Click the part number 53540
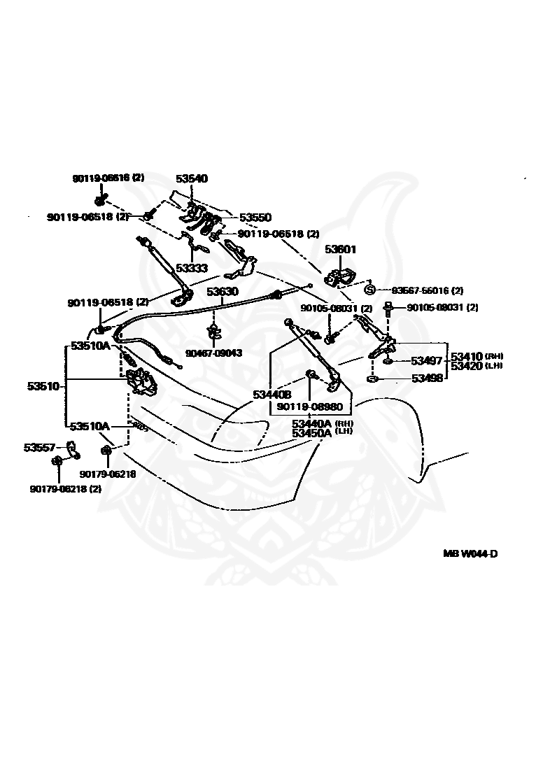pyautogui.click(x=191, y=179)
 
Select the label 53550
pyautogui.click(x=255, y=218)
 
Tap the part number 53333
pyautogui.click(x=191, y=267)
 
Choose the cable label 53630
pyautogui.click(x=222, y=291)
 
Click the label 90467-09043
pyautogui.click(x=213, y=353)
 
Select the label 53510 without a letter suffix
pyautogui.click(x=43, y=385)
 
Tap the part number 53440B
pyautogui.click(x=272, y=395)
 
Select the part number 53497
pyautogui.click(x=426, y=361)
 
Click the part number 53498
pyautogui.click(x=426, y=378)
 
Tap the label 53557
pyautogui.click(x=40, y=447)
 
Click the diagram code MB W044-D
pyautogui.click(x=470, y=554)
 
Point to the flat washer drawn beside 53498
pyautogui.click(x=372, y=379)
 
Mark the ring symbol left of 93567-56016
pyautogui.click(x=370, y=290)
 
